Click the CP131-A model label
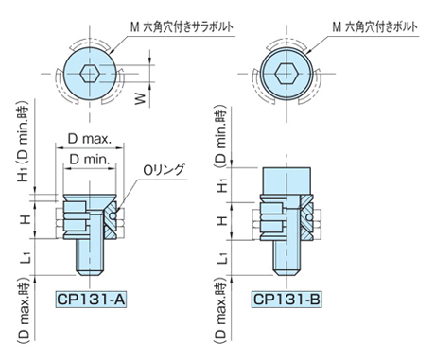pos(91,299)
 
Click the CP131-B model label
pos(286,299)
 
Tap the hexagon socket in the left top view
pos(90,75)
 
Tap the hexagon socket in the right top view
pos(286,74)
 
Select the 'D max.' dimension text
pos(90,139)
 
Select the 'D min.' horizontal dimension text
pos(90,160)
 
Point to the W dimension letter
pos(141,98)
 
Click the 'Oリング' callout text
pos(164,170)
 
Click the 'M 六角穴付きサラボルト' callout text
pos(182,27)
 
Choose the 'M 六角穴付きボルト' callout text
pos(374,27)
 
